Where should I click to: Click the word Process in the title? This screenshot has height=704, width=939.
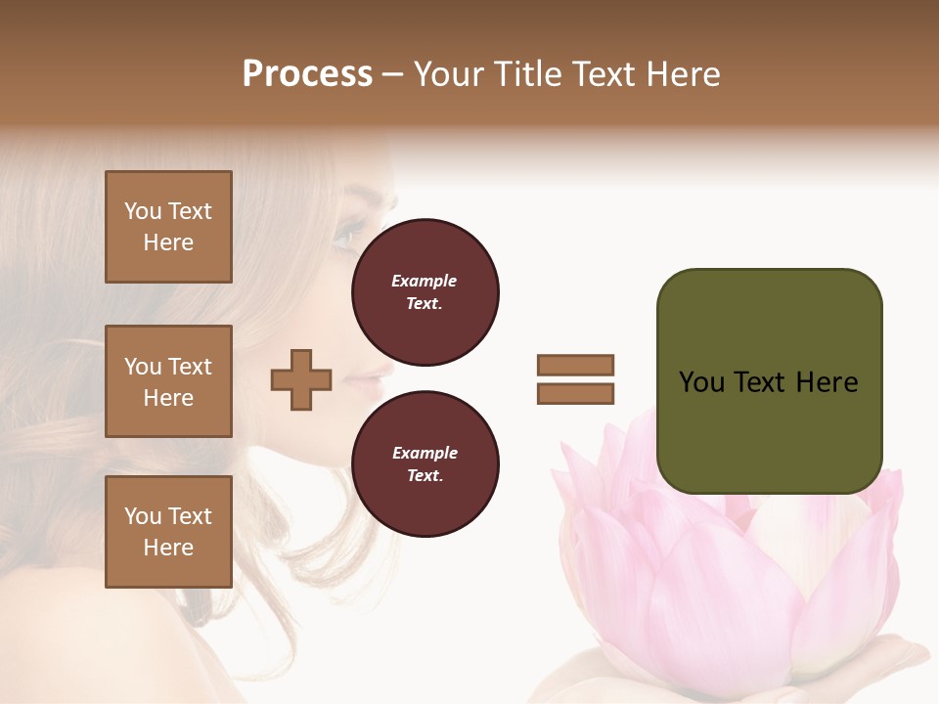click(x=307, y=74)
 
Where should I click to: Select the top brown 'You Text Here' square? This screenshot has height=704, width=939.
click(x=168, y=227)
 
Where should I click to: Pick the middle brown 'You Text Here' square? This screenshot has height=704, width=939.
click(x=168, y=381)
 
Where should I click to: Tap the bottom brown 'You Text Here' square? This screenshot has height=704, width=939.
click(x=168, y=532)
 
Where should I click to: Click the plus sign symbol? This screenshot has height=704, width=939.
click(x=301, y=379)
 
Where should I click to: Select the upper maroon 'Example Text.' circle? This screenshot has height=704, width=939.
click(x=425, y=291)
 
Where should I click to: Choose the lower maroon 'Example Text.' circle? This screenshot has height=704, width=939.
click(x=425, y=463)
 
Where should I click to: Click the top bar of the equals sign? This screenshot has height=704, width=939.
click(x=575, y=365)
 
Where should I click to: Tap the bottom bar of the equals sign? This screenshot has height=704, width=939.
click(x=575, y=393)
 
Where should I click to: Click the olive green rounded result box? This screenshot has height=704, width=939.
click(x=769, y=381)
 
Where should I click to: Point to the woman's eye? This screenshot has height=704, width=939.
click(x=348, y=236)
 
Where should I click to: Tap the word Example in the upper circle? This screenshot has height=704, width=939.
click(x=425, y=281)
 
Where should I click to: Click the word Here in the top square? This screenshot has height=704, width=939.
click(x=168, y=242)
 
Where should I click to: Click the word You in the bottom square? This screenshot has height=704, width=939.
click(x=143, y=516)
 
